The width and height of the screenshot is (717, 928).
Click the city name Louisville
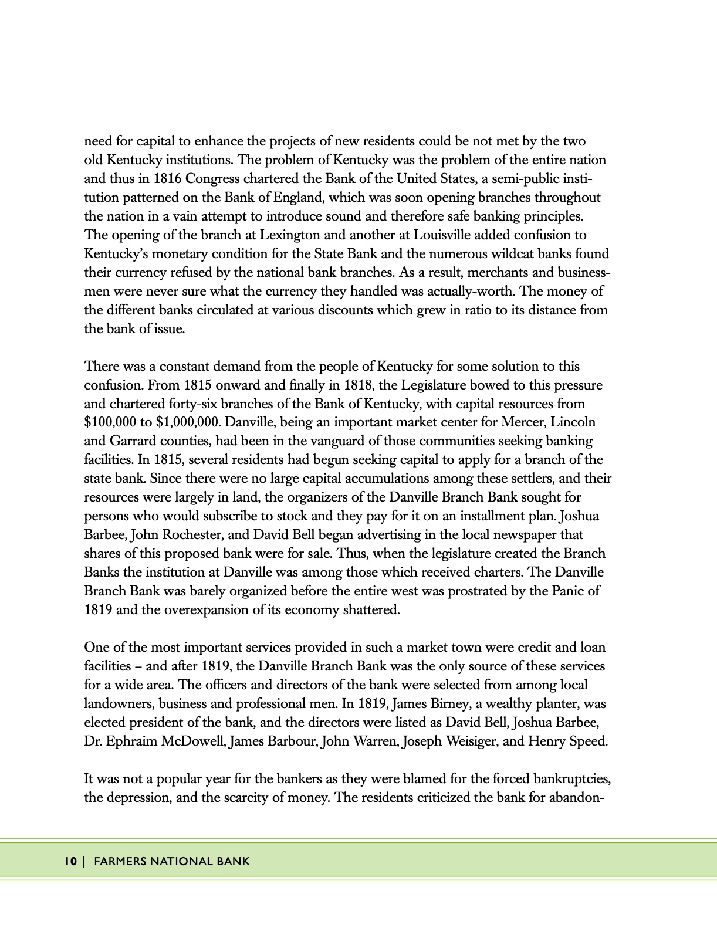[x=442, y=235]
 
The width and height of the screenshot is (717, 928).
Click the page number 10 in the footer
[x=70, y=861]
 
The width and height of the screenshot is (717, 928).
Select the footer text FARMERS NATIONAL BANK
[x=171, y=861]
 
